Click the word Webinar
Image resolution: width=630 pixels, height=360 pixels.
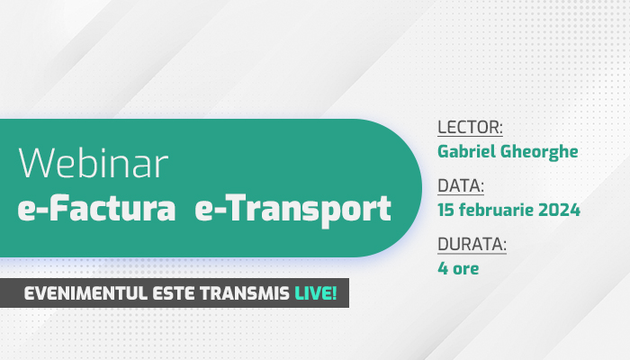point(94,163)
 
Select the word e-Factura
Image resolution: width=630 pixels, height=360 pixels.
point(97,208)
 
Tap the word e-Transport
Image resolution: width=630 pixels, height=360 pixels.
point(292,210)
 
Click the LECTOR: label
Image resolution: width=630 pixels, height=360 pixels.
point(470,127)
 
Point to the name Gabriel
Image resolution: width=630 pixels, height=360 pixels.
point(466,151)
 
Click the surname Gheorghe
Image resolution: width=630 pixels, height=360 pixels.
point(539,152)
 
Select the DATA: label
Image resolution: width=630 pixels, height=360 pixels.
point(461,185)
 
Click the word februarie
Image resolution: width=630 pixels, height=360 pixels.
point(496,210)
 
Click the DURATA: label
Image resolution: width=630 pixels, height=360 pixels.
point(472,244)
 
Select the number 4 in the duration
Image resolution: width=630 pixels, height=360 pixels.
point(443,268)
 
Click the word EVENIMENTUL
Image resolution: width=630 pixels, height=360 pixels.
point(85,293)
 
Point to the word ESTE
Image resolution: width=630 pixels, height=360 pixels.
point(175,293)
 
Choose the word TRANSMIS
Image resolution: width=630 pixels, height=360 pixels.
point(245,293)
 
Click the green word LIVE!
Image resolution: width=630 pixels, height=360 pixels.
point(316,293)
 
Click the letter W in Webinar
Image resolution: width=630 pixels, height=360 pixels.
point(37,163)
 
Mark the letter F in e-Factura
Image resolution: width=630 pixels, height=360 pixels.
point(58,208)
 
